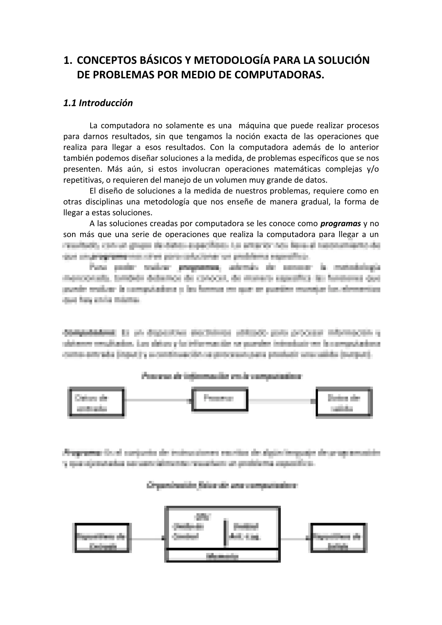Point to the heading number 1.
click(x=67, y=60)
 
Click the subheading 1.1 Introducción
click(x=98, y=103)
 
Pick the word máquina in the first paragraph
click(x=254, y=125)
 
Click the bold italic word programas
click(x=341, y=224)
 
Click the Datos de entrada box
click(x=97, y=403)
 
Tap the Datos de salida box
click(x=344, y=403)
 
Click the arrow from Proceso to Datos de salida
click(x=282, y=401)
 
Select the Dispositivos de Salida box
click(x=338, y=538)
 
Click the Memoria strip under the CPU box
click(x=222, y=556)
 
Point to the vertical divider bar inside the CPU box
click(x=225, y=533)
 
